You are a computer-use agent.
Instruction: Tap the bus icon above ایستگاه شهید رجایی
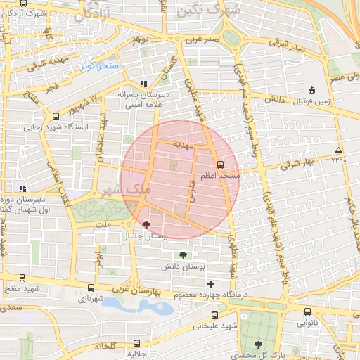[56, 116]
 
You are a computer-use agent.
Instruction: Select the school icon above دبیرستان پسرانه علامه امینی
[144, 83]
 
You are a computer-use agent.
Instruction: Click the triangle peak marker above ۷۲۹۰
[339, 150]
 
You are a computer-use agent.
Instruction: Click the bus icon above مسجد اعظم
[221, 165]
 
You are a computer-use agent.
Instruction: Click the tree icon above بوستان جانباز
[146, 226]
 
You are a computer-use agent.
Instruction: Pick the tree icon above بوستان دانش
[184, 255]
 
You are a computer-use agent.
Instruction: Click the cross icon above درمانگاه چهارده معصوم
[211, 283]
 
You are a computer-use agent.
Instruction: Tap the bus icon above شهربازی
[91, 288]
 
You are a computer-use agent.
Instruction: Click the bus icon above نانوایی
[307, 312]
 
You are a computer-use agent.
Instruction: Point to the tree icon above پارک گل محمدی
[258, 345]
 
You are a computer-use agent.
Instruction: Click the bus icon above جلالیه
[136, 343]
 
